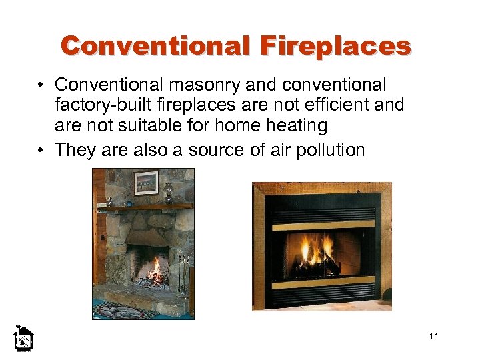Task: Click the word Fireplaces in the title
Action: [x=335, y=46]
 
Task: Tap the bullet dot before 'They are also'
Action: [x=42, y=149]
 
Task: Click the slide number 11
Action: [x=434, y=336]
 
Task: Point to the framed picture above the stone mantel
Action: [x=147, y=181]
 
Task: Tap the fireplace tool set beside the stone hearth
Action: [x=183, y=273]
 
